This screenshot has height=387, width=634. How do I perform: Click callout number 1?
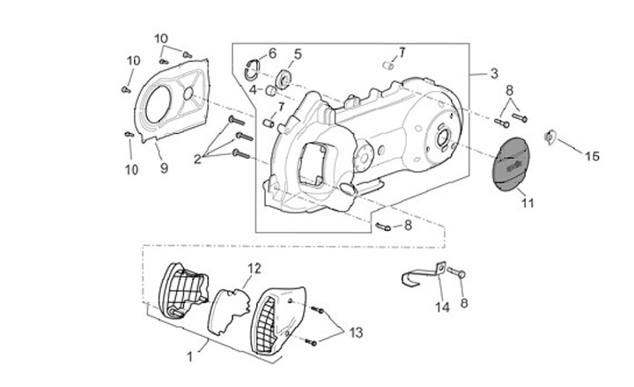(189, 357)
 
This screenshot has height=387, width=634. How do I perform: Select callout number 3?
(494, 73)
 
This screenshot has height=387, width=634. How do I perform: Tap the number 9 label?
(163, 167)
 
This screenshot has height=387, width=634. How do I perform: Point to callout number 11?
(527, 204)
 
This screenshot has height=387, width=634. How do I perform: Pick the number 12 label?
(254, 268)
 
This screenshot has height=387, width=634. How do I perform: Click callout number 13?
(356, 332)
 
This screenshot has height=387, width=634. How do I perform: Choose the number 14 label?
(441, 307)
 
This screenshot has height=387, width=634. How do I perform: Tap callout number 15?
(592, 156)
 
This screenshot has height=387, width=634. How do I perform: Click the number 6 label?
(272, 54)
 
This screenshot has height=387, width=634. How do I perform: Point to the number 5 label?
(298, 54)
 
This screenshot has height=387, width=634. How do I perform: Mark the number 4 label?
(252, 89)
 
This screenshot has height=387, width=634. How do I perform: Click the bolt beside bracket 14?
(459, 274)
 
